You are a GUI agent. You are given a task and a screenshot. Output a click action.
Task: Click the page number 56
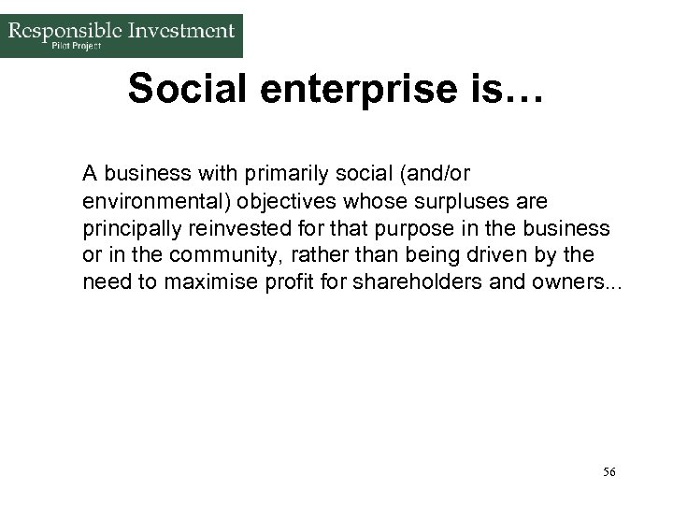pos(609,472)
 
